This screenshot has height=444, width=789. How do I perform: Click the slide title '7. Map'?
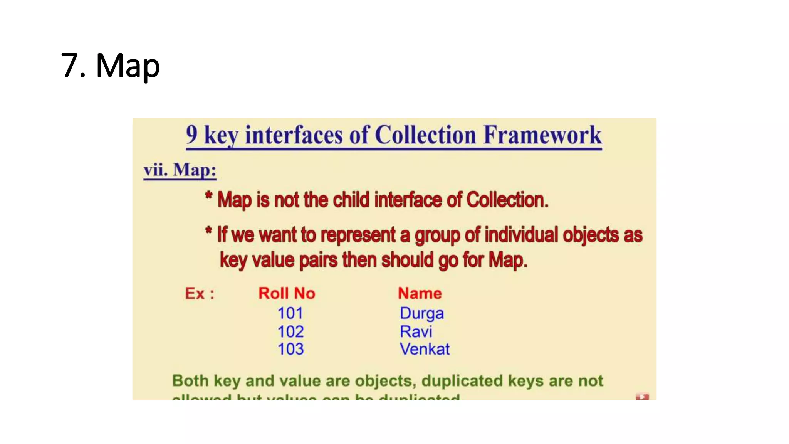coord(110,66)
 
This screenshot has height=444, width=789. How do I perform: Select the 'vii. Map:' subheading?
coord(180,170)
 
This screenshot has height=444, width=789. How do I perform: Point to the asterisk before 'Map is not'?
coord(208,195)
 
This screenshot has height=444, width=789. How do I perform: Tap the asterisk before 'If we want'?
coord(208,231)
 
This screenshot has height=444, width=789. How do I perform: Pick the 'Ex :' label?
coord(200,294)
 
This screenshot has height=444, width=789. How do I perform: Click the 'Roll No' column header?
coord(287,293)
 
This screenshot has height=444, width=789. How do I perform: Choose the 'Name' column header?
coord(420,293)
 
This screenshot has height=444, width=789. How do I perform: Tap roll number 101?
coord(290,313)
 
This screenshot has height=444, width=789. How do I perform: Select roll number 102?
coord(290,331)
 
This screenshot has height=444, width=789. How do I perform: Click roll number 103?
coord(290,349)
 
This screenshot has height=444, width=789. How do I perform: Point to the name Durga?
coord(421,313)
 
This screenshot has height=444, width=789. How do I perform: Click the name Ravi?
coord(416,331)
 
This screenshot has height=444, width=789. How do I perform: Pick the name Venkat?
coord(424,349)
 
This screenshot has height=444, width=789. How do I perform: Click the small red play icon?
coord(642,397)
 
